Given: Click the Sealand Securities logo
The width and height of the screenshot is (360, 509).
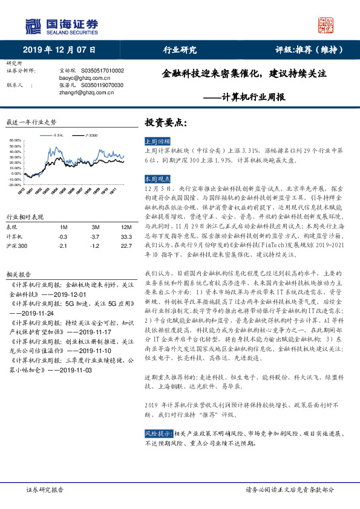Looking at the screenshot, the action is [x=61, y=27].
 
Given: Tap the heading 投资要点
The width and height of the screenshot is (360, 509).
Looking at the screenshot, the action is [x=162, y=122].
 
